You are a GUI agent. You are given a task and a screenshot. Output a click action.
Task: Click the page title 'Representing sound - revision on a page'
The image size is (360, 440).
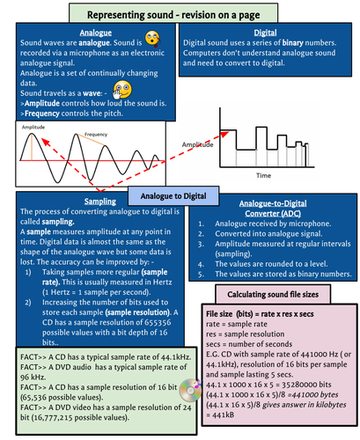[x=180, y=13]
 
